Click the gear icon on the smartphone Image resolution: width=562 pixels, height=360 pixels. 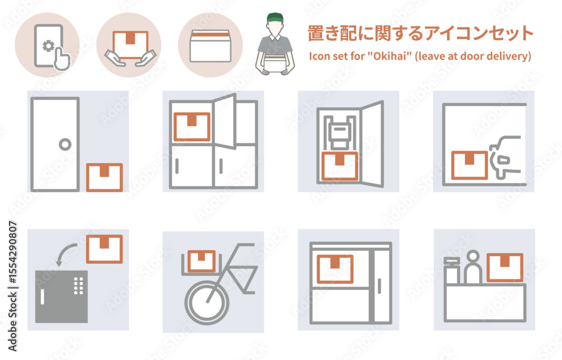tap(48, 46)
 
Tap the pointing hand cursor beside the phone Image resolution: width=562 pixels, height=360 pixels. tap(62, 59)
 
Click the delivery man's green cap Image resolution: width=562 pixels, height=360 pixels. tap(275, 17)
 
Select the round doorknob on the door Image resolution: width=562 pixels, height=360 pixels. tap(65, 145)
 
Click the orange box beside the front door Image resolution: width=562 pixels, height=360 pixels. tap(105, 177)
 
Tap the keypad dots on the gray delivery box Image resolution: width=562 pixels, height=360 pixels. tap(79, 285)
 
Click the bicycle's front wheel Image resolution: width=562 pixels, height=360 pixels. tap(206, 303)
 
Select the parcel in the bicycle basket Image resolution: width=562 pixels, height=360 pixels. tap(202, 260)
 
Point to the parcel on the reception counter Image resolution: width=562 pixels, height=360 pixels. tap(505, 267)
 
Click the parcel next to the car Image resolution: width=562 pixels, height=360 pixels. tap(469, 165)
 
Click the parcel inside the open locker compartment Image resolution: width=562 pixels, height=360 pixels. tap(192, 127)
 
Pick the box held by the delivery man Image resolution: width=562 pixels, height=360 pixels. tap(275, 64)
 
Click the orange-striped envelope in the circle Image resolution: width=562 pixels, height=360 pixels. tap(210, 46)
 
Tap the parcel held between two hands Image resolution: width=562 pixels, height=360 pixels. tap(130, 44)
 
